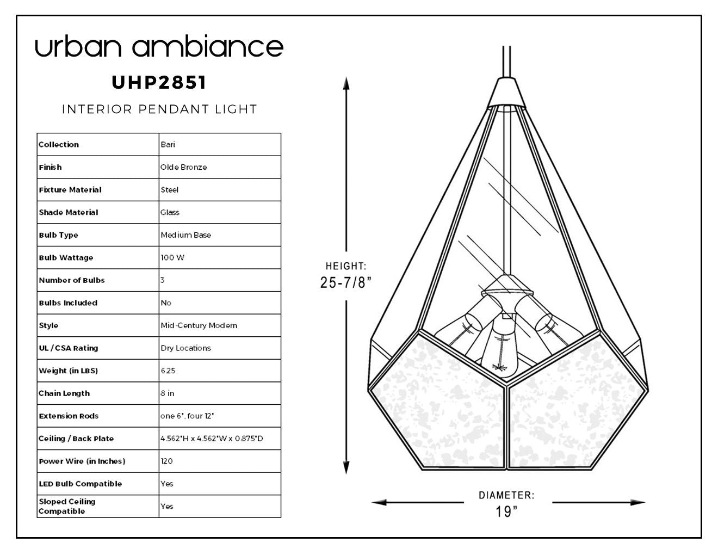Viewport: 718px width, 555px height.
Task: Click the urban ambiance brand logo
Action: coord(159,46)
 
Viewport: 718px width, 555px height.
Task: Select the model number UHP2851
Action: coord(159,82)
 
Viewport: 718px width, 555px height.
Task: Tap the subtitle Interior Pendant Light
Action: coord(159,109)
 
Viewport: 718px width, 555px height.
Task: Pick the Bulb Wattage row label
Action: coord(66,258)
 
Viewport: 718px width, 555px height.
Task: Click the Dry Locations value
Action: coord(185,348)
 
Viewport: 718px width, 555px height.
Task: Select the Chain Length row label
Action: coord(64,393)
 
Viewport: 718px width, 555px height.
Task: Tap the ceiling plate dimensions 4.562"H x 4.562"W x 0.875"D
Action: coord(212,439)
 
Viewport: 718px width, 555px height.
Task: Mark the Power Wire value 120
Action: coord(167,461)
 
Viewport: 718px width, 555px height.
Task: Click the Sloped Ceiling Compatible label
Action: coord(67,507)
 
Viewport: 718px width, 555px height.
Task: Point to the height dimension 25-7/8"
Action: coord(345,282)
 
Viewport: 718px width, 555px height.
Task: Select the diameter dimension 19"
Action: coord(506,511)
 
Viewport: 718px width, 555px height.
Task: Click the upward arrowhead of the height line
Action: coord(346,83)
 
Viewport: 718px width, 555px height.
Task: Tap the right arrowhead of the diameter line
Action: coord(637,502)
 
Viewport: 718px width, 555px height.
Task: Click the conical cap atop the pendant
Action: coord(506,92)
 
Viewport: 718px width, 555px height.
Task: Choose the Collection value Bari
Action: coord(168,144)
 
